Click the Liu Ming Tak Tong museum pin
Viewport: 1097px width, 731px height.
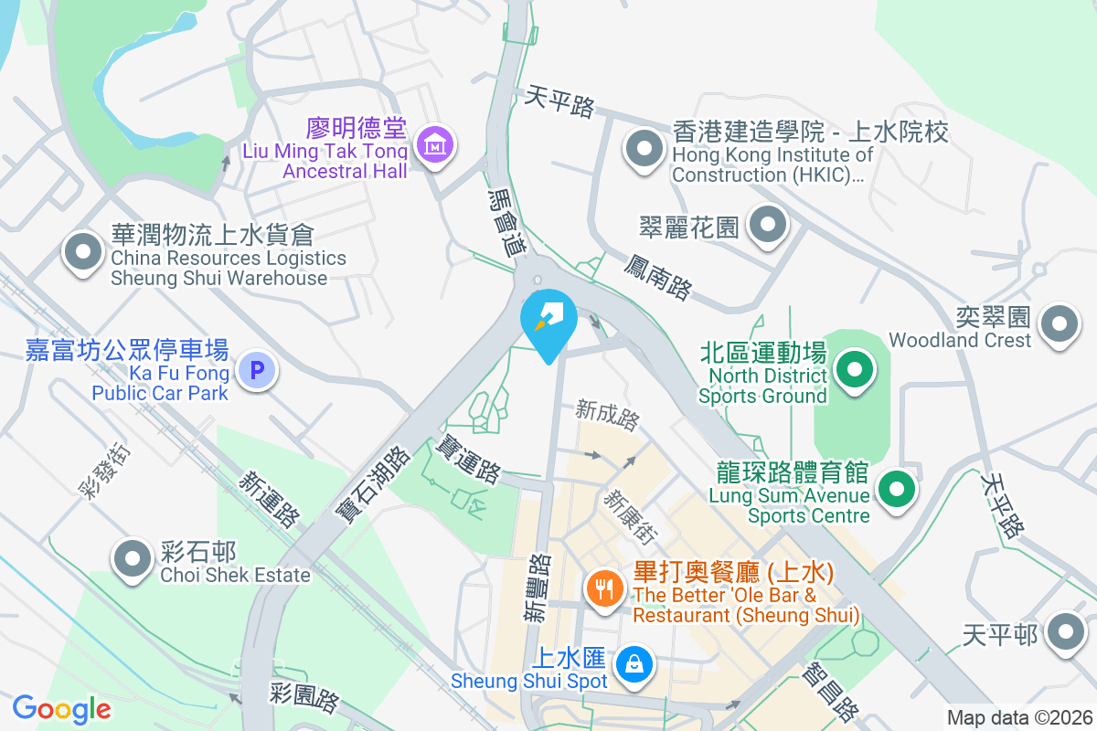tap(436, 144)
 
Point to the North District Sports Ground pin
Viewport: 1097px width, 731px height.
tap(855, 371)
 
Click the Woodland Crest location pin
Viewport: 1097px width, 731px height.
tap(1060, 324)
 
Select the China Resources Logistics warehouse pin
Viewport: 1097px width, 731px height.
tap(83, 251)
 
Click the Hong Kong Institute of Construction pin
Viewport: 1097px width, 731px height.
tap(644, 148)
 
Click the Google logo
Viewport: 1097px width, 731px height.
tap(61, 708)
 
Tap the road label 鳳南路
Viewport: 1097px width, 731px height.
tap(658, 276)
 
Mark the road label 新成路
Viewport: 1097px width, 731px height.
tap(608, 416)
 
